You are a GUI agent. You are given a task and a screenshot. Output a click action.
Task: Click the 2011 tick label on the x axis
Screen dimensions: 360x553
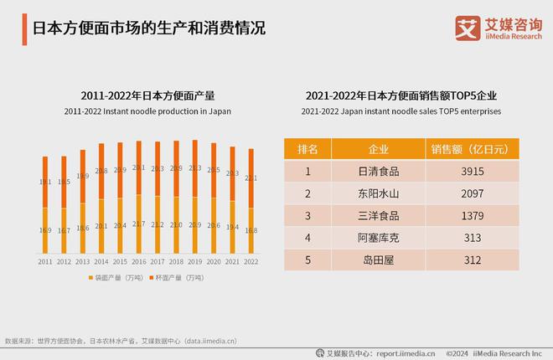[44, 262]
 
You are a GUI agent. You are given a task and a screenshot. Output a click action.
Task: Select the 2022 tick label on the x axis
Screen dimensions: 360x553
[251, 262]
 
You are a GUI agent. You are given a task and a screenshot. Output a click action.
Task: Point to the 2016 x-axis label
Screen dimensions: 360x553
[138, 262]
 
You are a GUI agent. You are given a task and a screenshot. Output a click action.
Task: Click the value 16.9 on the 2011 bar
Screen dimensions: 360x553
[44, 230]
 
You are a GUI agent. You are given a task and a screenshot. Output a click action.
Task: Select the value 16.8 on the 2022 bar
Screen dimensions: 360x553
[251, 230]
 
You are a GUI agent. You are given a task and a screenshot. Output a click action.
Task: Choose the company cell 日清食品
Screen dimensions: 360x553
[378, 172]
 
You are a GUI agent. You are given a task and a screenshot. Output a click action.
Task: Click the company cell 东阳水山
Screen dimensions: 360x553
[378, 194]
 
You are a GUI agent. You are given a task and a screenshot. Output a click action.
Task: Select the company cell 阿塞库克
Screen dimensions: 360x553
[378, 237]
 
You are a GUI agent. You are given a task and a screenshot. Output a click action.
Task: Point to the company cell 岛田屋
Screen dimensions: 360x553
[378, 259]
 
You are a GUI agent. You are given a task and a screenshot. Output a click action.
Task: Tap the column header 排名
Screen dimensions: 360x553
[308, 149]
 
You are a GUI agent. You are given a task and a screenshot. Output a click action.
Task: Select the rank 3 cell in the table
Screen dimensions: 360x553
[308, 216]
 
